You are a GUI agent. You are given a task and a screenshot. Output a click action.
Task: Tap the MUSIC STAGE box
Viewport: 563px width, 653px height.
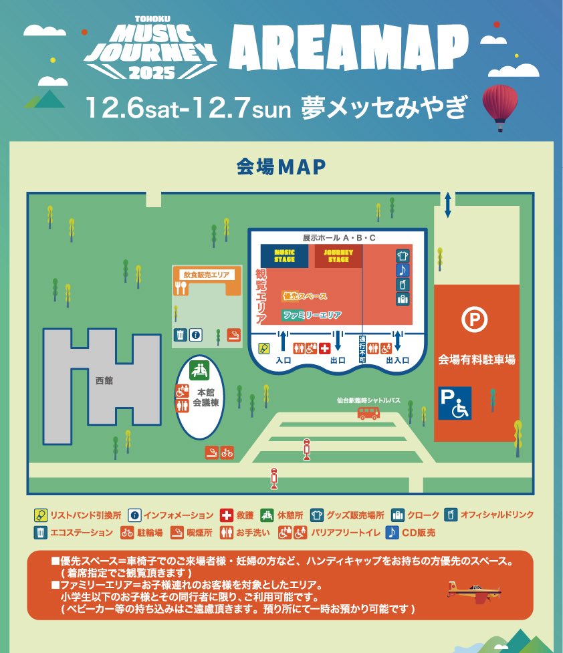pyautogui.click(x=284, y=256)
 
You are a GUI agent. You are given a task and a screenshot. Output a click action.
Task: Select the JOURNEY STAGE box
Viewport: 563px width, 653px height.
pyautogui.click(x=338, y=256)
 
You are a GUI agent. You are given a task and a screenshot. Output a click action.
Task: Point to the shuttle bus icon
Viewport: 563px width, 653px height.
pyautogui.click(x=368, y=413)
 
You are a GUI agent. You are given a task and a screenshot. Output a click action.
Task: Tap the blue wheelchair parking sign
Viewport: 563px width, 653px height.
pyautogui.click(x=455, y=403)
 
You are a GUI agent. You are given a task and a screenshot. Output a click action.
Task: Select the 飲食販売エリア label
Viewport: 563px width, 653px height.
pyautogui.click(x=207, y=274)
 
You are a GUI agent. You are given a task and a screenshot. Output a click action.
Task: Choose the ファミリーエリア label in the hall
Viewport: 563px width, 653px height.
pyautogui.click(x=312, y=315)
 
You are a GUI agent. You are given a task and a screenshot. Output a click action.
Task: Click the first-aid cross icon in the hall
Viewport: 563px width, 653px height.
pyautogui.click(x=325, y=348)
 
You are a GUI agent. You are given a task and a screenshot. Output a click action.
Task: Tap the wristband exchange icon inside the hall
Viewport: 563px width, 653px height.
pyautogui.click(x=265, y=348)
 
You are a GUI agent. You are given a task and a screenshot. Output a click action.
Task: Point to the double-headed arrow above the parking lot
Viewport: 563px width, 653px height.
pyautogui.click(x=447, y=204)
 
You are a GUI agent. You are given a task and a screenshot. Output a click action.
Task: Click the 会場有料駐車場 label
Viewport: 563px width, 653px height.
pyautogui.click(x=477, y=360)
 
